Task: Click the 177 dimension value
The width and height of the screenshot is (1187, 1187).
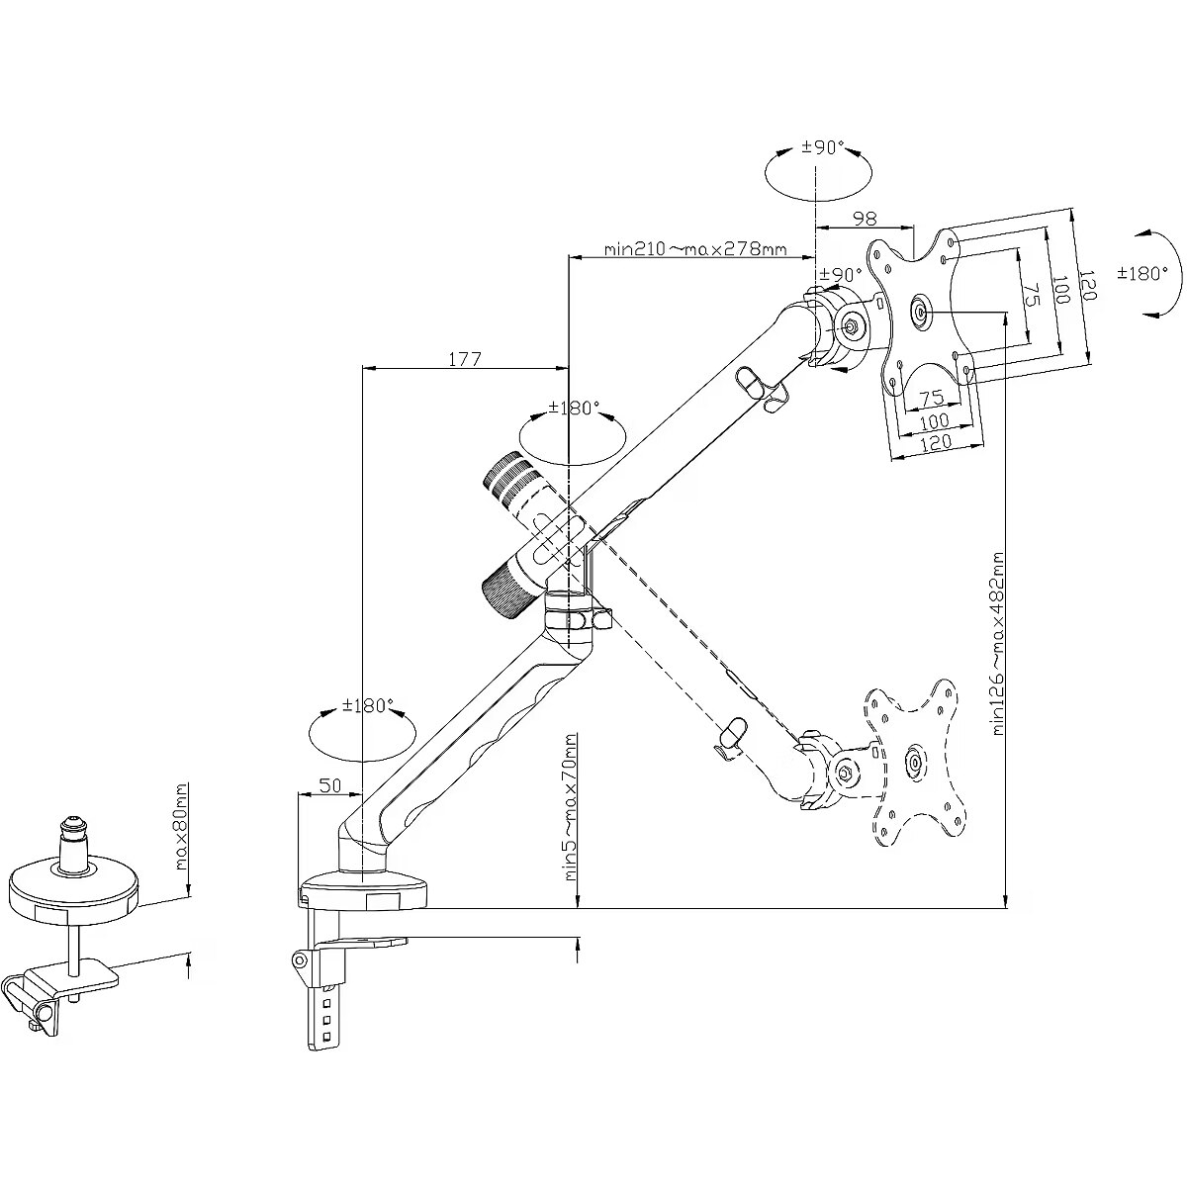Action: click(x=464, y=359)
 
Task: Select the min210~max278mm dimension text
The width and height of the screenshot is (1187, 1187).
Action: click(x=695, y=248)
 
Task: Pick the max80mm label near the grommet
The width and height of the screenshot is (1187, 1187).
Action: click(x=180, y=827)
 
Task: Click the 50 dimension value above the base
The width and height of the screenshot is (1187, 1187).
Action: click(x=329, y=785)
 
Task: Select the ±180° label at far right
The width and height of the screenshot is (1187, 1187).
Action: click(x=1142, y=273)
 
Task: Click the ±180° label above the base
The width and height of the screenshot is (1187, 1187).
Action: click(x=368, y=706)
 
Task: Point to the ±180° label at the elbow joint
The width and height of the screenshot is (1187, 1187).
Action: click(x=575, y=408)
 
